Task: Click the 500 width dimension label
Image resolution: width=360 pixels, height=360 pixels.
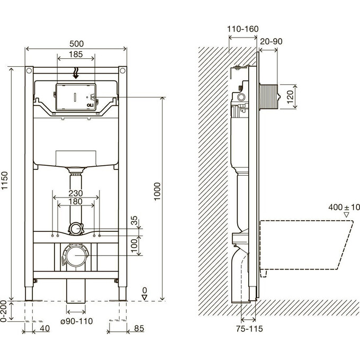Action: click(76, 43)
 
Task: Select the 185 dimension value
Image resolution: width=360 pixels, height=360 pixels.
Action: click(76, 55)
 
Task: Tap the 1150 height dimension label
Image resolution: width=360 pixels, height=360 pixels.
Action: click(5, 181)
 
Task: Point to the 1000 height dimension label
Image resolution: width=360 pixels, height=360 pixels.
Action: click(157, 191)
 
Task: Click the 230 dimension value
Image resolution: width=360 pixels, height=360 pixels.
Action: click(76, 193)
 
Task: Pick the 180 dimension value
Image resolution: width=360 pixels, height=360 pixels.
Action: click(76, 202)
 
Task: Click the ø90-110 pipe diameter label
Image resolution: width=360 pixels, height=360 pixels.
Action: click(77, 321)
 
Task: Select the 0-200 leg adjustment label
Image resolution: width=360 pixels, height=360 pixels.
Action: click(3, 311)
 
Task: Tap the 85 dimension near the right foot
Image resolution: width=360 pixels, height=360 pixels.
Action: click(139, 328)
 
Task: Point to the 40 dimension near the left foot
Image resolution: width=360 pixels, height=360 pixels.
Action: click(45, 328)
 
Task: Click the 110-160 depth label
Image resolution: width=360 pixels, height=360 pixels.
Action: click(242, 29)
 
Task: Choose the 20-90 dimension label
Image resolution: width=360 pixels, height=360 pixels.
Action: click(271, 41)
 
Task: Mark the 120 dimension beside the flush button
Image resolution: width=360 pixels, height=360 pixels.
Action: click(290, 97)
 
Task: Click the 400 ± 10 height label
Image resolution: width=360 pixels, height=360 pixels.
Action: click(344, 208)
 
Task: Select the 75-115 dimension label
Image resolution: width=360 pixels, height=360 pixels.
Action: click(249, 329)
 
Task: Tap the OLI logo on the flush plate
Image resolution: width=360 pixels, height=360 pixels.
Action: click(90, 105)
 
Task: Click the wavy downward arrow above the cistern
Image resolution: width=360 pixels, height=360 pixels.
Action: click(76, 73)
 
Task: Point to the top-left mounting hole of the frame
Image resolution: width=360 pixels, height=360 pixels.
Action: click(29, 70)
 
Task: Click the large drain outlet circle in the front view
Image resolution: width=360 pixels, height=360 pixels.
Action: click(76, 255)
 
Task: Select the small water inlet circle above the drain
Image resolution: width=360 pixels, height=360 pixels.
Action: click(75, 229)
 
